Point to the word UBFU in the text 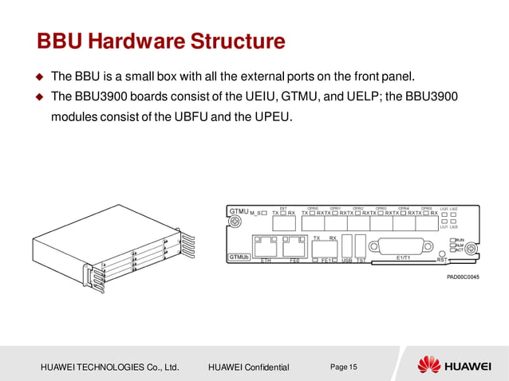[195, 118]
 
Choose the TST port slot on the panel [361, 245]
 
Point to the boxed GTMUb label [239, 257]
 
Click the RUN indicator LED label [460, 238]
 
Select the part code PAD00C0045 [462, 276]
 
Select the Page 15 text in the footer [344, 366]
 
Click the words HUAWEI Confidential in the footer [248, 367]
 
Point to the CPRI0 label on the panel [313, 208]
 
